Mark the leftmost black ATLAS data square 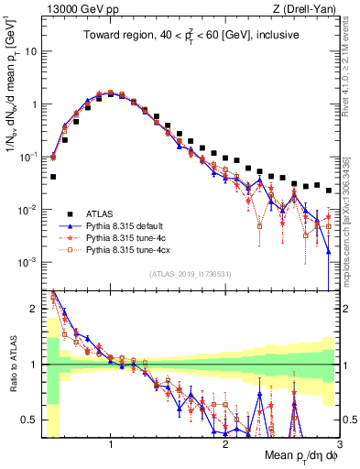coord(53,177)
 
